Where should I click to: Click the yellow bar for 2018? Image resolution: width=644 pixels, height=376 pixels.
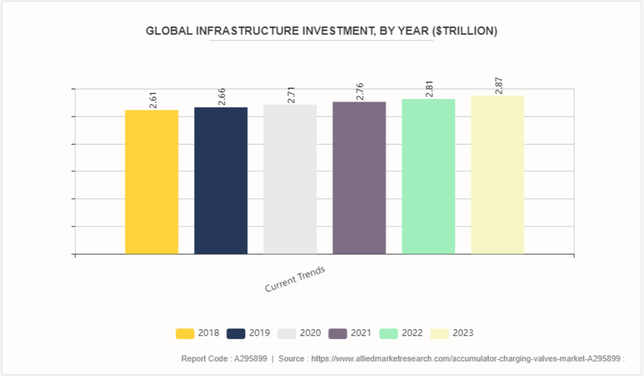[x=152, y=182]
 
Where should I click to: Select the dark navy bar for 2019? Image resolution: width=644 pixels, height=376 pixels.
[x=221, y=181]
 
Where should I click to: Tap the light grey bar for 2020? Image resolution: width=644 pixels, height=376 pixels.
[x=290, y=179]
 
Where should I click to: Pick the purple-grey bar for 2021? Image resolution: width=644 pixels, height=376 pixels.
[x=359, y=178]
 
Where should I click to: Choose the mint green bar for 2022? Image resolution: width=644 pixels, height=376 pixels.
[x=428, y=177]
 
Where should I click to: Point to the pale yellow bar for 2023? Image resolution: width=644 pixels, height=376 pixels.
[x=497, y=175]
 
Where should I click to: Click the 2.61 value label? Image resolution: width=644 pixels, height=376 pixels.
[x=153, y=100]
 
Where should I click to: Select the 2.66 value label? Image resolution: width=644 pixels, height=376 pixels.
[x=222, y=97]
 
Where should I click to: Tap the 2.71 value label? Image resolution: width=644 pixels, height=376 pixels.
[x=291, y=95]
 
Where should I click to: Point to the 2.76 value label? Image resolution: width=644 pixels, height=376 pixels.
[x=360, y=92]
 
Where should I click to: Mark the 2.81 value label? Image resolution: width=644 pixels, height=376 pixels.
[x=429, y=89]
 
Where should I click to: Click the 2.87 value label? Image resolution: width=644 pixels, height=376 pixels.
[x=499, y=86]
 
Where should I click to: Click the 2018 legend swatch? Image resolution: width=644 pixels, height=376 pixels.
[x=185, y=333]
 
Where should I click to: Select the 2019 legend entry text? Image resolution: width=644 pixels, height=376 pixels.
[x=259, y=333]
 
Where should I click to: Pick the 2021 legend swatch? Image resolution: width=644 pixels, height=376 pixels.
[x=337, y=333]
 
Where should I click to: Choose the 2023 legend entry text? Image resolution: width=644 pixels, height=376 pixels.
[x=463, y=333]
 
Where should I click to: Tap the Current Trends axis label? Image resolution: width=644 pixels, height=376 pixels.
[x=294, y=279]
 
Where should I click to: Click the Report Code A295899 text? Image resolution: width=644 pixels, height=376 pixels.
[x=224, y=359]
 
